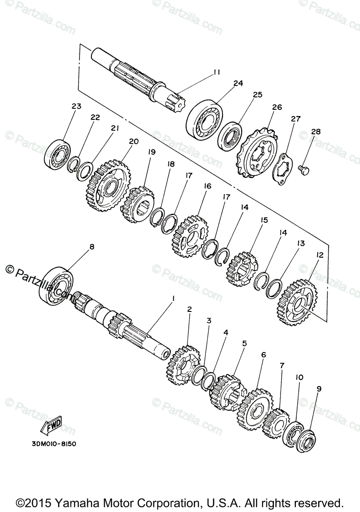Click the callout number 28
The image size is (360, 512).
point(315,132)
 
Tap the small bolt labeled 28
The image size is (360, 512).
point(304,169)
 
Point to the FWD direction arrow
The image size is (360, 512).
point(53,425)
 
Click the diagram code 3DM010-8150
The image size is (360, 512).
point(54,443)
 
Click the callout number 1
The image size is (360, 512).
point(173,299)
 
